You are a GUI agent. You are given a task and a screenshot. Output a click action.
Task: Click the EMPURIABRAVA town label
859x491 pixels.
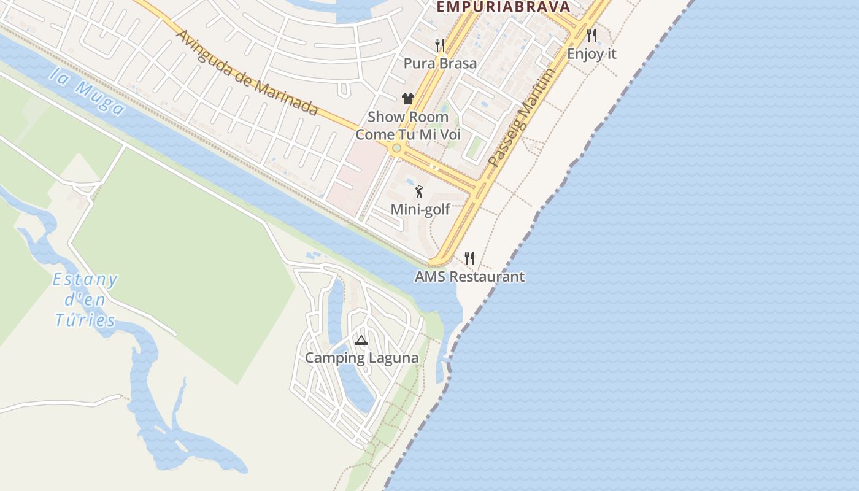pyautogui.click(x=503, y=7)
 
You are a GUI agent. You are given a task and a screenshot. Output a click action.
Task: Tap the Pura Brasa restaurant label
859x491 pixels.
pyautogui.click(x=440, y=63)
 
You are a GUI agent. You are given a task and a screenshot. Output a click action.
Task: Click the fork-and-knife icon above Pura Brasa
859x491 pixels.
pyautogui.click(x=440, y=45)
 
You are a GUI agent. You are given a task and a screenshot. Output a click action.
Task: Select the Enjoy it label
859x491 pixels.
pyautogui.click(x=591, y=53)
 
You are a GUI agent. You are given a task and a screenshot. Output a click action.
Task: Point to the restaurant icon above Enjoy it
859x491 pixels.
pyautogui.click(x=591, y=35)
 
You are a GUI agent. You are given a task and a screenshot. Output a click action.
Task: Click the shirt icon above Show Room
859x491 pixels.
pyautogui.click(x=408, y=98)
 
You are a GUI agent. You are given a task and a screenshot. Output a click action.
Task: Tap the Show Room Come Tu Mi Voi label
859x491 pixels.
pyautogui.click(x=408, y=126)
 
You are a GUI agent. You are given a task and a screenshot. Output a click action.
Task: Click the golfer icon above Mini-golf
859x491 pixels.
pyautogui.click(x=420, y=191)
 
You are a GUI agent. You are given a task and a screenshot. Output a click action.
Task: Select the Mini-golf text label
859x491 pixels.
pyautogui.click(x=420, y=209)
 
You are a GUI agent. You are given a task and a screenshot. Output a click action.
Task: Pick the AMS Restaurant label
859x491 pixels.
pyautogui.click(x=469, y=277)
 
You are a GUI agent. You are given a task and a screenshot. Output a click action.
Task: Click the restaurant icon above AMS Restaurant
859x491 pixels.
pyautogui.click(x=469, y=258)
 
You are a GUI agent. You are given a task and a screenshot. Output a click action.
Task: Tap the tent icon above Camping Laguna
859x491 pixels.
pyautogui.click(x=361, y=341)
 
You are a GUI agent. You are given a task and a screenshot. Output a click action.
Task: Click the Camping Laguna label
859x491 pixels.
pyautogui.click(x=362, y=358)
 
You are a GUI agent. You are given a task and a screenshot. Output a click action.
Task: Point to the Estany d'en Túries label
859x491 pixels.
pyautogui.click(x=85, y=300)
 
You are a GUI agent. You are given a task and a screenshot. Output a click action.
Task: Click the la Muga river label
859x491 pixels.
pyautogui.click(x=87, y=92)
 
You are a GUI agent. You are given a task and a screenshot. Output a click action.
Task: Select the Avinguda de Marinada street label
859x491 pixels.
pyautogui.click(x=247, y=72)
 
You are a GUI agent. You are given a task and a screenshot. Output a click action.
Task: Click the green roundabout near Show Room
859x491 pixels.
pyautogui.click(x=397, y=148)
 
